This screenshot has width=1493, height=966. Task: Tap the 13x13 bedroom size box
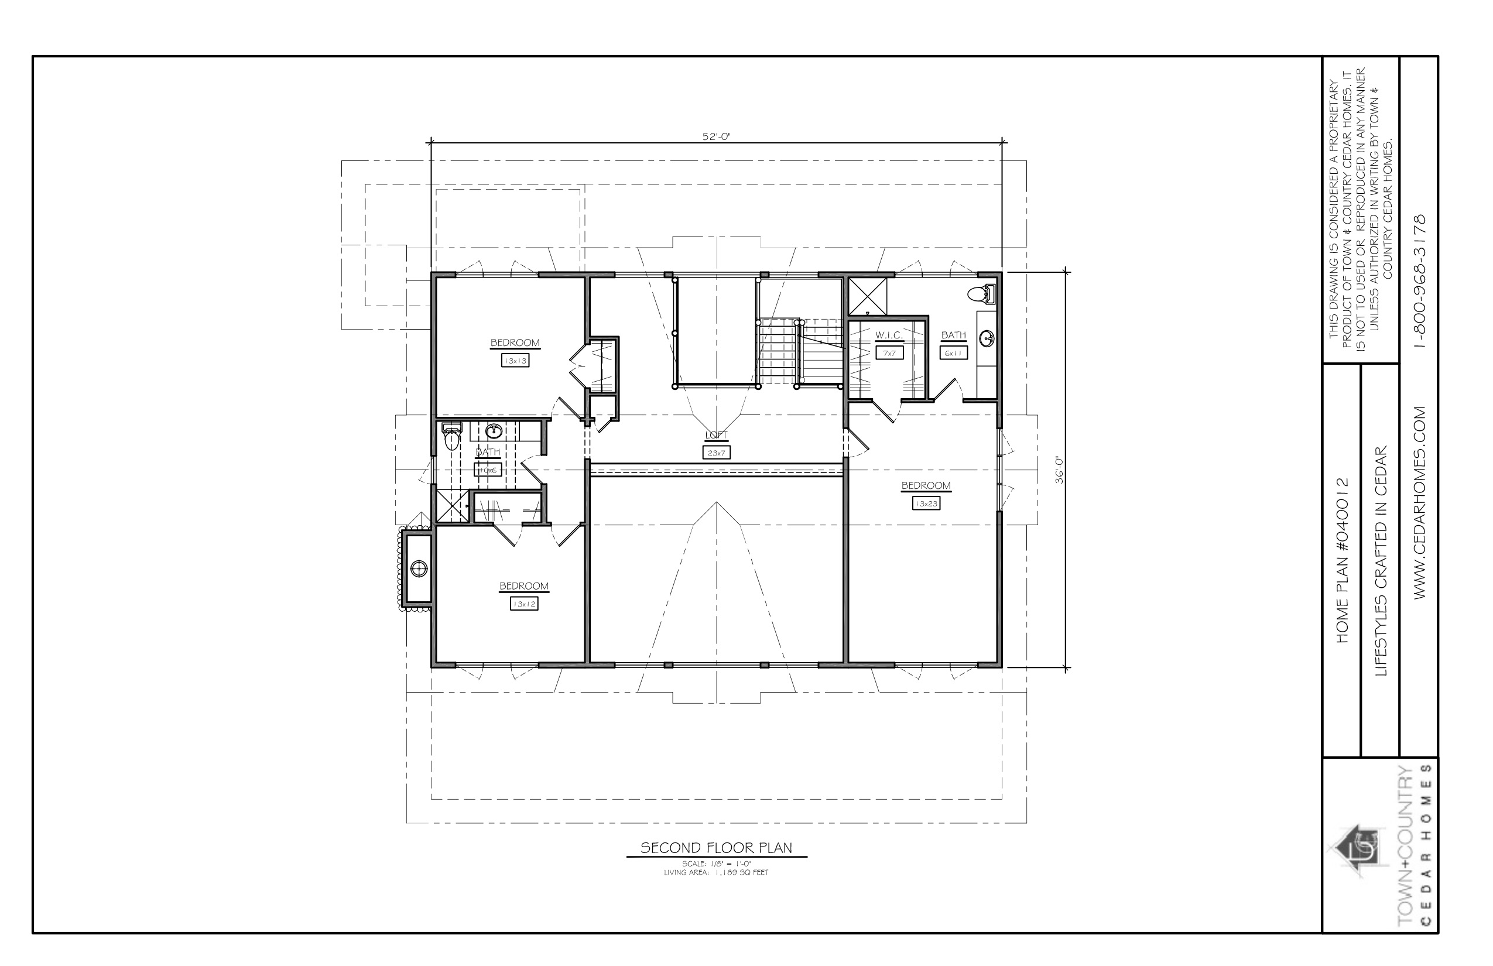click(515, 361)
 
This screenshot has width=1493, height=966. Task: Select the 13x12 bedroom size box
click(524, 604)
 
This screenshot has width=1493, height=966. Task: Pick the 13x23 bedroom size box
click(926, 503)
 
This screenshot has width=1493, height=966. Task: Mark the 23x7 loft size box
click(717, 452)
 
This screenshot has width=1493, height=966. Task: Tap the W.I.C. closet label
click(889, 335)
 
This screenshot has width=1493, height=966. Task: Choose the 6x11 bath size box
click(954, 353)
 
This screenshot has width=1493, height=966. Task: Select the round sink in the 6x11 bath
click(987, 339)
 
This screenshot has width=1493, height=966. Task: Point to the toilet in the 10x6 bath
click(451, 437)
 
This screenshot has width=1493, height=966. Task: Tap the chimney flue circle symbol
click(419, 569)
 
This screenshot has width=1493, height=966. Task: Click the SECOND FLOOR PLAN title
click(717, 848)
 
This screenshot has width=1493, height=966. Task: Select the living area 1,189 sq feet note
click(717, 872)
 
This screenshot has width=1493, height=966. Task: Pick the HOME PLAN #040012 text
click(1342, 560)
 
